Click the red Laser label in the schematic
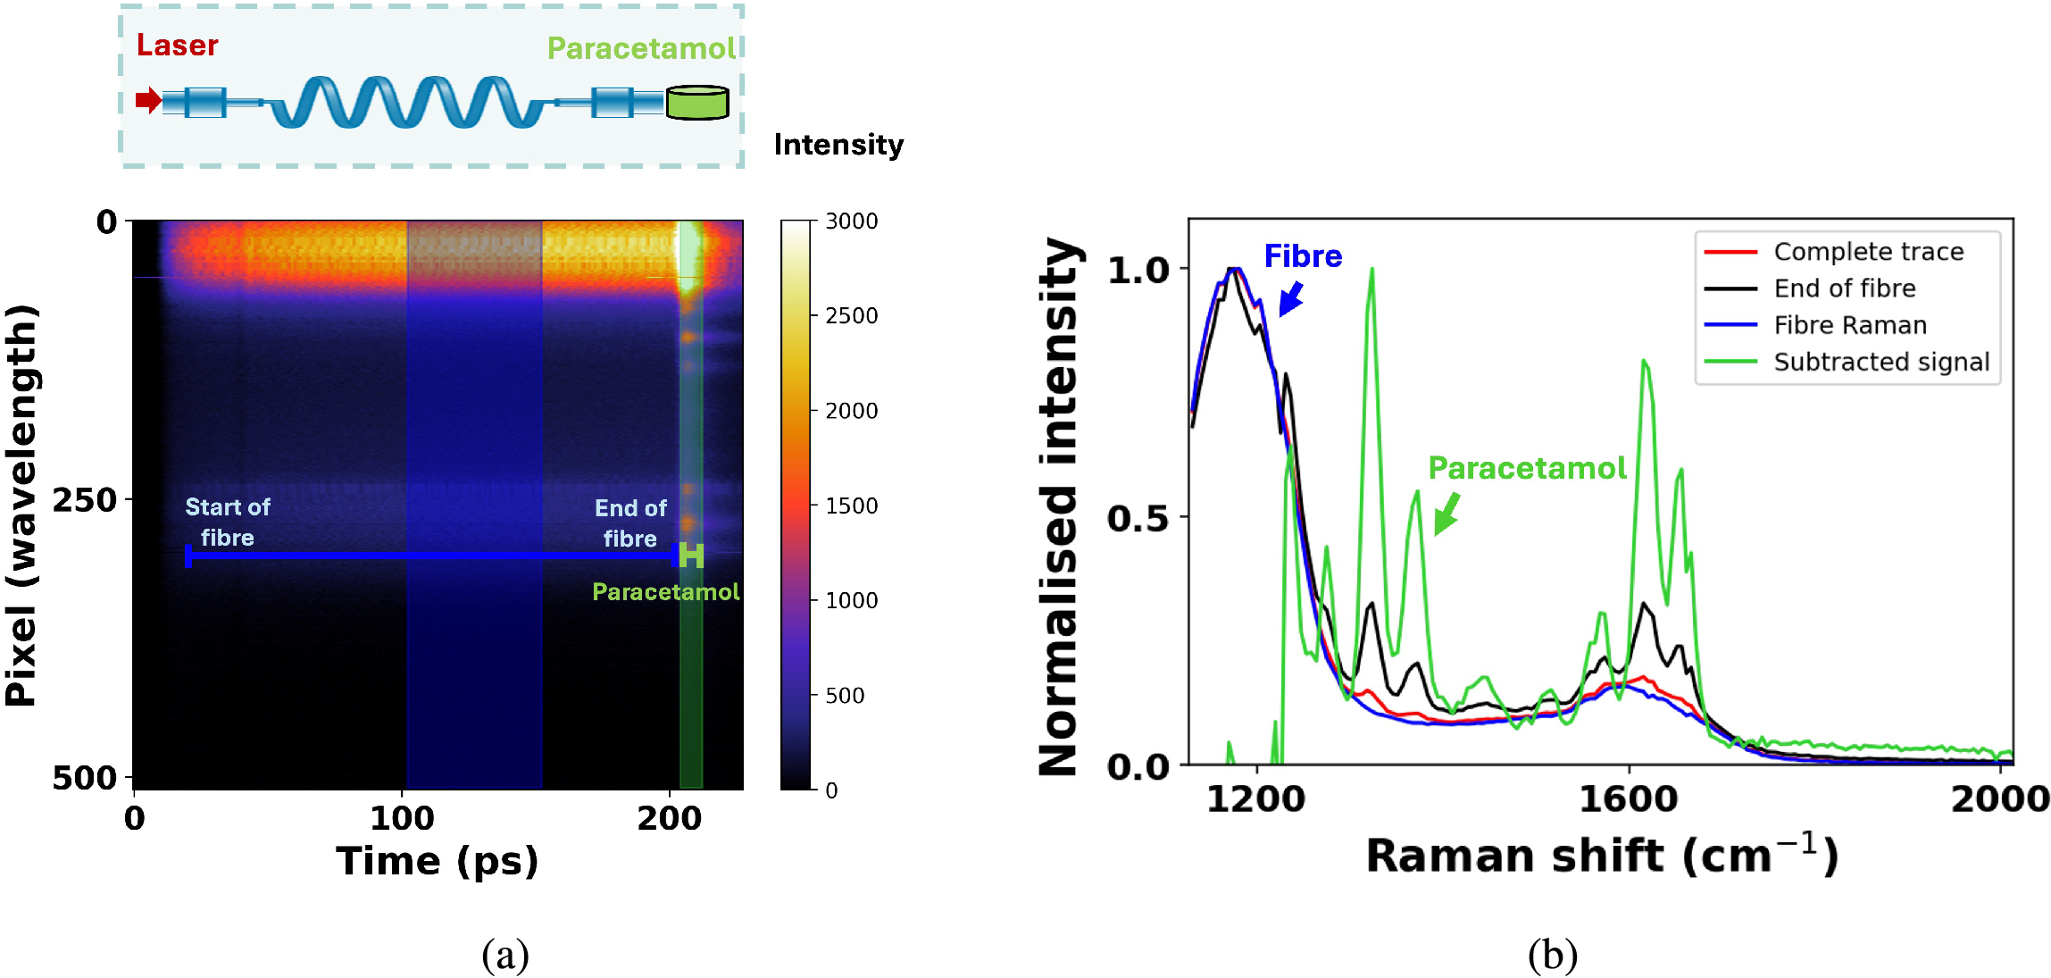coord(177,46)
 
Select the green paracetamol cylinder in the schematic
coord(697,103)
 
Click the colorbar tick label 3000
coord(850,222)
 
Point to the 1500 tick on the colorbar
coord(850,506)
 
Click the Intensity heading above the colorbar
coord(838,145)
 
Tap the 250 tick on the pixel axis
coord(85,500)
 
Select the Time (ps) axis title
coord(437,861)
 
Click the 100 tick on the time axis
coord(402,818)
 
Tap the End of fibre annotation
coord(630,523)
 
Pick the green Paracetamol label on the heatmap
coord(665,592)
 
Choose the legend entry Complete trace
coord(1868,252)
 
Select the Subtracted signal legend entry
coord(1880,362)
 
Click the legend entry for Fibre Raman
coord(1849,325)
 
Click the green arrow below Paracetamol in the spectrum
coord(1447,514)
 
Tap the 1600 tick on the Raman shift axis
coord(1628,798)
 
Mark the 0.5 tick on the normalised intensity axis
coord(1137,518)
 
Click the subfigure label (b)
coord(1552,955)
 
